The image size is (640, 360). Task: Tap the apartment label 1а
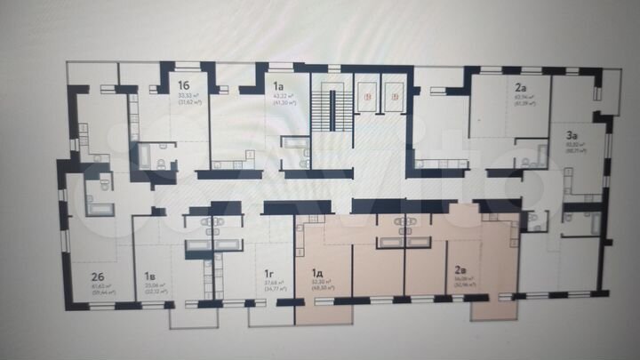pos(278,85)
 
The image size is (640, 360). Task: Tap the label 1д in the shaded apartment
pos(317,275)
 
